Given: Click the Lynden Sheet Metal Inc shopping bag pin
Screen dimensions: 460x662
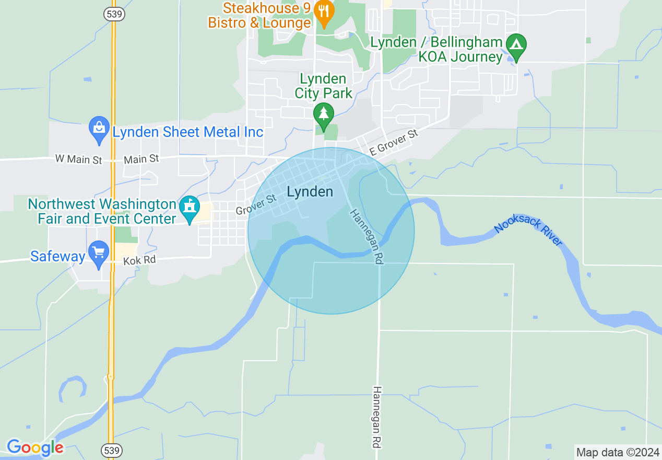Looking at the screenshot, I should pyautogui.click(x=99, y=130).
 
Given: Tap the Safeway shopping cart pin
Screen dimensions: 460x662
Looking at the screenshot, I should pyautogui.click(x=98, y=254).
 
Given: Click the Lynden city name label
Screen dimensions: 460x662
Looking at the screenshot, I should pyautogui.click(x=310, y=192).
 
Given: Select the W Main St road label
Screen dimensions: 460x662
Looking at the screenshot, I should pyautogui.click(x=79, y=159).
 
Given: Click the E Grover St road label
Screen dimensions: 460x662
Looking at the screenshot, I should pyautogui.click(x=394, y=143).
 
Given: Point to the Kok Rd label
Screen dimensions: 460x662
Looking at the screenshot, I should pyautogui.click(x=139, y=260).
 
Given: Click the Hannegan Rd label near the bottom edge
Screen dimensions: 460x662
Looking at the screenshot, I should pyautogui.click(x=377, y=416).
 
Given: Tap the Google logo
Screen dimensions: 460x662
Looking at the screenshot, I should pyautogui.click(x=35, y=448).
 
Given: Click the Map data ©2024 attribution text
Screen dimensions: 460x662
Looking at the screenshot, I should pyautogui.click(x=618, y=452).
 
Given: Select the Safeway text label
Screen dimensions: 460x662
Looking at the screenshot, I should pyautogui.click(x=57, y=256).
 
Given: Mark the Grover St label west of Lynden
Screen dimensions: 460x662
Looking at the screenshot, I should pyautogui.click(x=255, y=204).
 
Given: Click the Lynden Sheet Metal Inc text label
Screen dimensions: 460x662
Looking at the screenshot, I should pyautogui.click(x=188, y=132).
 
